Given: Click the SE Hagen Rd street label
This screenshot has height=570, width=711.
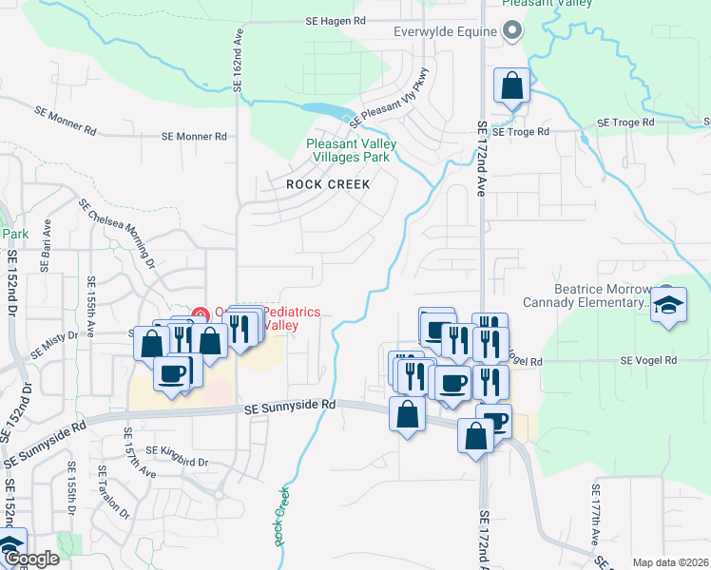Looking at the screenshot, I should [x=336, y=20].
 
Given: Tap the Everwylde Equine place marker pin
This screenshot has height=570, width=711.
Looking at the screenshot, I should [x=512, y=32].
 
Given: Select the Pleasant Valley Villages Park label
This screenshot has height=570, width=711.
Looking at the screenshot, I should [x=351, y=151].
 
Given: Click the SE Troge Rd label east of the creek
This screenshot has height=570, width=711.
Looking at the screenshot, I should [x=626, y=123].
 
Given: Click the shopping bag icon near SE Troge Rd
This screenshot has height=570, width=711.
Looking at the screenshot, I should [x=512, y=86].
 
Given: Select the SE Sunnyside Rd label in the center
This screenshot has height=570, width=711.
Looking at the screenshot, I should [x=290, y=406].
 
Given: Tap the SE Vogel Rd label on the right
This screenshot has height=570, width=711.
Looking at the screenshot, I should [x=648, y=361].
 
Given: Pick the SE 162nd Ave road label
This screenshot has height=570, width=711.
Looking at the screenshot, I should [x=238, y=59].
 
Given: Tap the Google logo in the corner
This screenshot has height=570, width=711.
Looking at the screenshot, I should [x=29, y=559].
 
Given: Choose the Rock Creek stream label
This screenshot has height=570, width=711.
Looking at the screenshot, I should [x=280, y=518].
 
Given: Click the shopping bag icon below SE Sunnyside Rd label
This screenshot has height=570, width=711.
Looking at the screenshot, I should [x=408, y=415].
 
